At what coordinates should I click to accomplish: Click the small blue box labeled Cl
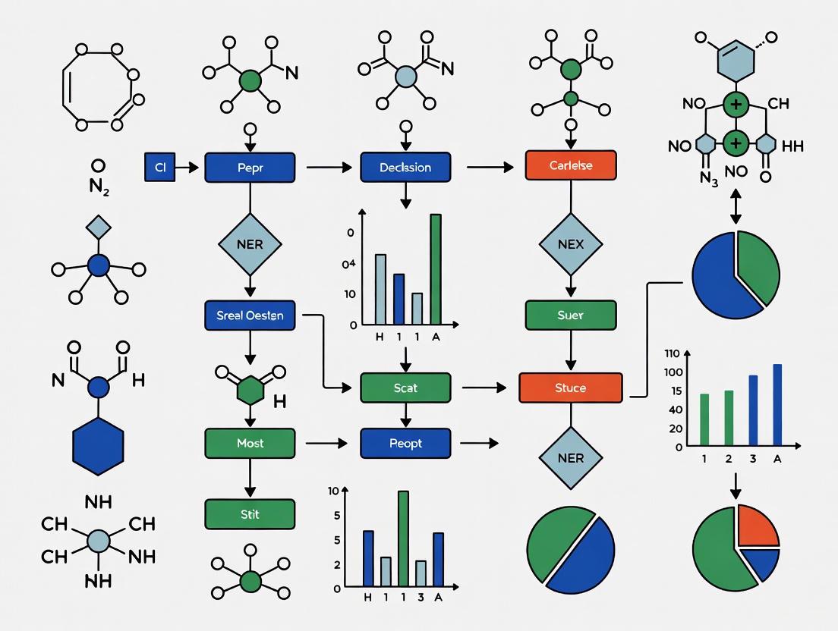pyautogui.click(x=159, y=168)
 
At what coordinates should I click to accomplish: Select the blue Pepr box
pyautogui.click(x=250, y=168)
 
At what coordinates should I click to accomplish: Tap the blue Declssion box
pyautogui.click(x=405, y=168)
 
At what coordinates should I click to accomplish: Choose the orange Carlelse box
pyautogui.click(x=570, y=165)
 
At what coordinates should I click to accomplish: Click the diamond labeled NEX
pyautogui.click(x=570, y=244)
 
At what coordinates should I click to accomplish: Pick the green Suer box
pyautogui.click(x=570, y=315)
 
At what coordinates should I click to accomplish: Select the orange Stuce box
pyautogui.click(x=570, y=388)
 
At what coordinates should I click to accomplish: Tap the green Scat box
pyautogui.click(x=405, y=388)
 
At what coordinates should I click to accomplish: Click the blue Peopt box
pyautogui.click(x=405, y=443)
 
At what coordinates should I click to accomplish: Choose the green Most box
pyautogui.click(x=250, y=443)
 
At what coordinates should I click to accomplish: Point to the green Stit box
pyautogui.click(x=250, y=514)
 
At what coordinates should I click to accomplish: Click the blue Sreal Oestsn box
pyautogui.click(x=250, y=315)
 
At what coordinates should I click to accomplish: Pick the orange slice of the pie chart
pyautogui.click(x=758, y=526)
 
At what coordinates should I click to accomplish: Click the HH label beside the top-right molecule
pyautogui.click(x=792, y=146)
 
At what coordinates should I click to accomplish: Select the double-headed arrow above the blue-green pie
pyautogui.click(x=736, y=205)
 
